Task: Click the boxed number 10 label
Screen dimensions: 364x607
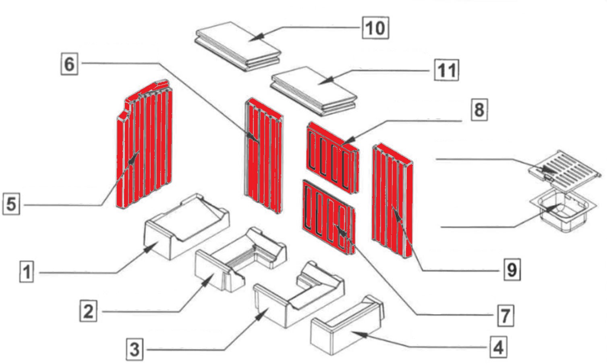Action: tap(375, 28)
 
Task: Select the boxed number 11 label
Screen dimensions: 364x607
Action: tap(447, 70)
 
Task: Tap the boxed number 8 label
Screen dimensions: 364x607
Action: tap(479, 109)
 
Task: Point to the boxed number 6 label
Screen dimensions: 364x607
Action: tap(69, 64)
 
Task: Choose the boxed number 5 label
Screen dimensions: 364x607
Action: tap(11, 203)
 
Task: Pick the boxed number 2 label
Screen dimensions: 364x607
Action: tap(88, 311)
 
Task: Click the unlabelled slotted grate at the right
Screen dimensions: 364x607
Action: tap(566, 166)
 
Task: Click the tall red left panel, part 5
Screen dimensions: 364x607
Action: tap(145, 149)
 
